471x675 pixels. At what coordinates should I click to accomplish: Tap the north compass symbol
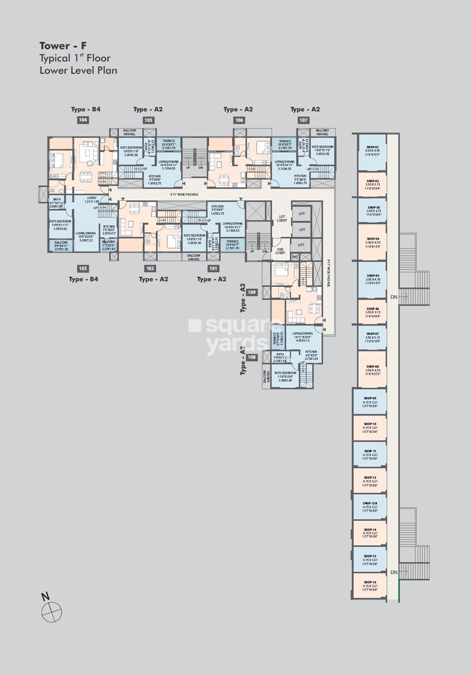52,611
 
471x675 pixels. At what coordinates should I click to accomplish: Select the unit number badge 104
83,120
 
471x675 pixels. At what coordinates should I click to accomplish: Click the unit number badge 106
239,120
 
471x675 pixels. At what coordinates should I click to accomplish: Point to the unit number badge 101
214,268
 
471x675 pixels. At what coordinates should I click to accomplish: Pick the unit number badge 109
251,292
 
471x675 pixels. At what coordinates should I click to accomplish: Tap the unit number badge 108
251,357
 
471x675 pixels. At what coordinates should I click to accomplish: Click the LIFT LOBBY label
281,218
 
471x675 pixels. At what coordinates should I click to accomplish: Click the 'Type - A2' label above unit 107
304,109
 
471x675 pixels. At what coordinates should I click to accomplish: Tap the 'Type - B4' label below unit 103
83,279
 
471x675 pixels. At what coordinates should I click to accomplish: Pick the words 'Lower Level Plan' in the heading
78,70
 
